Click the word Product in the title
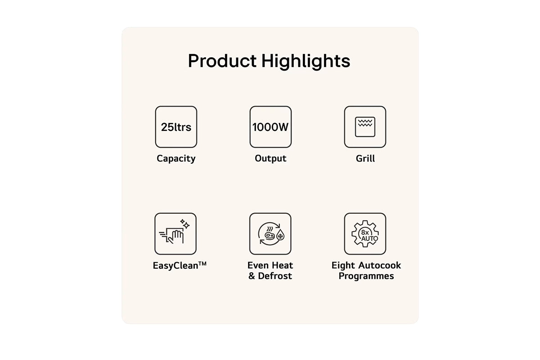[222, 61]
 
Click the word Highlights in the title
[306, 62]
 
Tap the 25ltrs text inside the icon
[176, 127]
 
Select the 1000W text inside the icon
[270, 127]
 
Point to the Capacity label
[176, 159]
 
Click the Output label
[270, 158]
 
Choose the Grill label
[365, 158]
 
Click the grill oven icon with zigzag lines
[365, 127]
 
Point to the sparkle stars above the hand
[185, 224]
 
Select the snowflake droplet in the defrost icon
[280, 235]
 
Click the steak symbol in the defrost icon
[269, 235]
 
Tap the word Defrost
[275, 276]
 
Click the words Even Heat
[270, 265]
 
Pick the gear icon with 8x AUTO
[365, 234]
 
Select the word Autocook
[380, 265]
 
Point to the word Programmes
[366, 276]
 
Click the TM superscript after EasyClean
[202, 263]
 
